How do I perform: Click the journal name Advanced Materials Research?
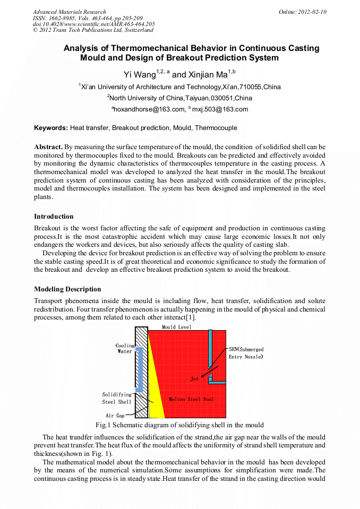pyautogui.click(x=69, y=12)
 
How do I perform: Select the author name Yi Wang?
pyautogui.click(x=140, y=75)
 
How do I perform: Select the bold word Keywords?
pyautogui.click(x=50, y=128)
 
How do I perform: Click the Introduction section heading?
pyautogui.click(x=54, y=217)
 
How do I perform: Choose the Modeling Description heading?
pyautogui.click(x=67, y=289)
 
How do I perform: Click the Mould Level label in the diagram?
pyautogui.click(x=176, y=327)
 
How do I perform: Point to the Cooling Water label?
pyautogui.click(x=125, y=349)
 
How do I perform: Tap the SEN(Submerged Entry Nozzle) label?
pyautogui.click(x=246, y=353)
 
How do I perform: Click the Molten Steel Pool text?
pyautogui.click(x=192, y=399)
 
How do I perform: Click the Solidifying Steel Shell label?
pyautogui.click(x=116, y=398)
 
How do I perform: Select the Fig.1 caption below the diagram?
pyautogui.click(x=179, y=425)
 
